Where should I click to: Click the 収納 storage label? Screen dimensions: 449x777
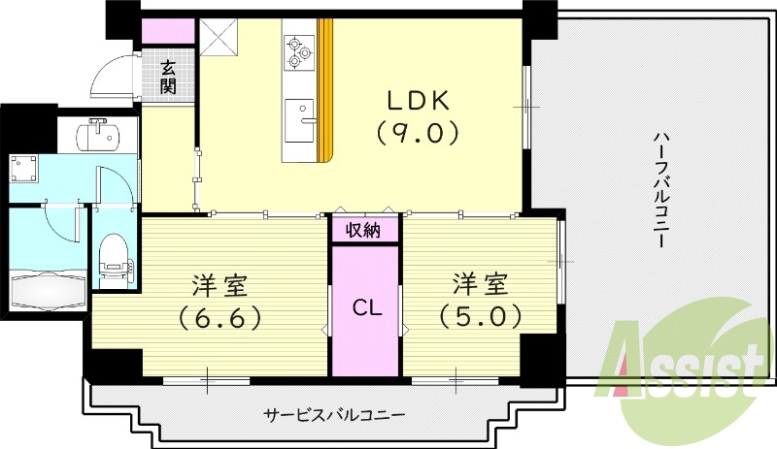[x=364, y=230]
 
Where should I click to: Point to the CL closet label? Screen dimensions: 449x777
[x=364, y=309]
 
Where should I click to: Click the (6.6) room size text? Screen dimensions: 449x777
[x=219, y=316]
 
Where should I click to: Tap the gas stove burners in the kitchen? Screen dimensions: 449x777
[x=296, y=53]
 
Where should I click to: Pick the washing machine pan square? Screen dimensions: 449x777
[x=24, y=171]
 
